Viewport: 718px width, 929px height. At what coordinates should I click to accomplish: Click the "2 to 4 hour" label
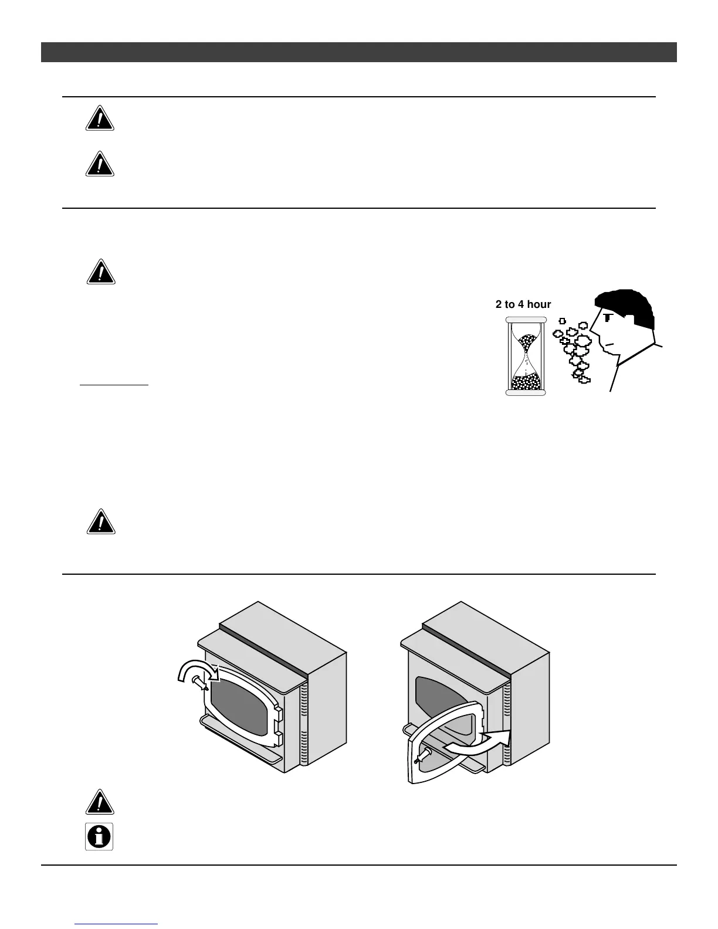coord(523,304)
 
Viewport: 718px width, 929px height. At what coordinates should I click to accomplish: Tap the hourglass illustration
coord(526,356)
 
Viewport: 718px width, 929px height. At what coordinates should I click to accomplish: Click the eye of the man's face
coord(607,317)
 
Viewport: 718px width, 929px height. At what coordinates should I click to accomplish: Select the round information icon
coord(99,837)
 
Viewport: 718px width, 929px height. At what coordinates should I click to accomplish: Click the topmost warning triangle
coord(99,118)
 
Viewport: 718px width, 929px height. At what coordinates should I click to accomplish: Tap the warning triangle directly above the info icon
coord(100,802)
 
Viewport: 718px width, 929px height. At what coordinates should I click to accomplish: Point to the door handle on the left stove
coord(201,683)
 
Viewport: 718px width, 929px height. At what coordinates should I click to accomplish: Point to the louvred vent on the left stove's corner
coord(304,727)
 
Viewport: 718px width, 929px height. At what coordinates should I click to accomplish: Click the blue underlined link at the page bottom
coord(117,924)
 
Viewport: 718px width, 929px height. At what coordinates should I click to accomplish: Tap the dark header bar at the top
coord(358,52)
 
